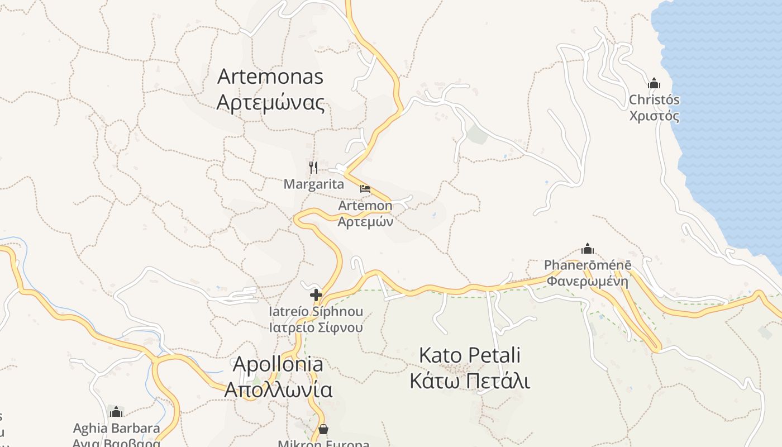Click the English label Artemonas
(x=270, y=77)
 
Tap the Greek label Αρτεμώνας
(x=270, y=103)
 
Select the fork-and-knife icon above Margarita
(x=313, y=167)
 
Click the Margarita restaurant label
(x=314, y=184)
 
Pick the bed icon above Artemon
(x=365, y=189)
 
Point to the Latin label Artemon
(x=365, y=206)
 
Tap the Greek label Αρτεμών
(x=365, y=221)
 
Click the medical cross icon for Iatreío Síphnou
(x=316, y=295)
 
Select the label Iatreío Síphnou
(x=316, y=312)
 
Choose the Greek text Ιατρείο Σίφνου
(x=316, y=327)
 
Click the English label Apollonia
(x=278, y=364)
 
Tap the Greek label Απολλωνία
(x=278, y=389)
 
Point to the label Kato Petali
(x=470, y=355)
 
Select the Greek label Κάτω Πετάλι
(x=470, y=381)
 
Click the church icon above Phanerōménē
(x=588, y=249)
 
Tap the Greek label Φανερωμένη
(x=588, y=281)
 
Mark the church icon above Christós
(x=654, y=84)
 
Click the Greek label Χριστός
(x=654, y=116)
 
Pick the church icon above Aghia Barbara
(x=116, y=412)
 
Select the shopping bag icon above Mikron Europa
(x=323, y=429)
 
